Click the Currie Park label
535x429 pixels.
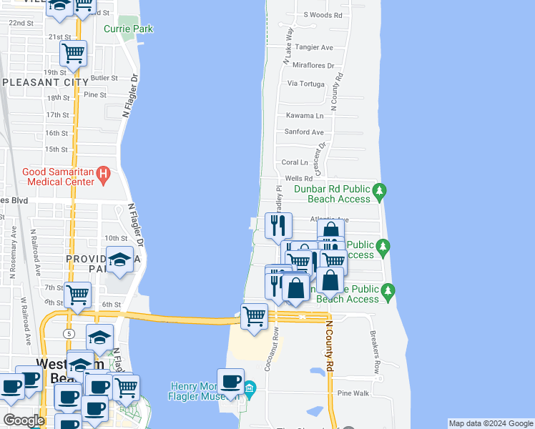[x=129, y=29]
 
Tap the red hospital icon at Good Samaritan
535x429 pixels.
[x=103, y=172]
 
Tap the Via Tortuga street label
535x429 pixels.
[x=306, y=83]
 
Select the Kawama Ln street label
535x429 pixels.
[x=305, y=115]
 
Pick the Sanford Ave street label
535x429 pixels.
[x=305, y=132]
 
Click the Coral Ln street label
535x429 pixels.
[x=295, y=162]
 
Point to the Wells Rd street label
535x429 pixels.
[x=299, y=178]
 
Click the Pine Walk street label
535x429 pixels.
[x=353, y=393]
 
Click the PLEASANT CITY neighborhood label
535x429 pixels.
[x=41, y=82]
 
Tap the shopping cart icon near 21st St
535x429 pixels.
[x=73, y=53]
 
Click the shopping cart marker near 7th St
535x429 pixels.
[x=77, y=293]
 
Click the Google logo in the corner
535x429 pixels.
[x=24, y=420]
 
